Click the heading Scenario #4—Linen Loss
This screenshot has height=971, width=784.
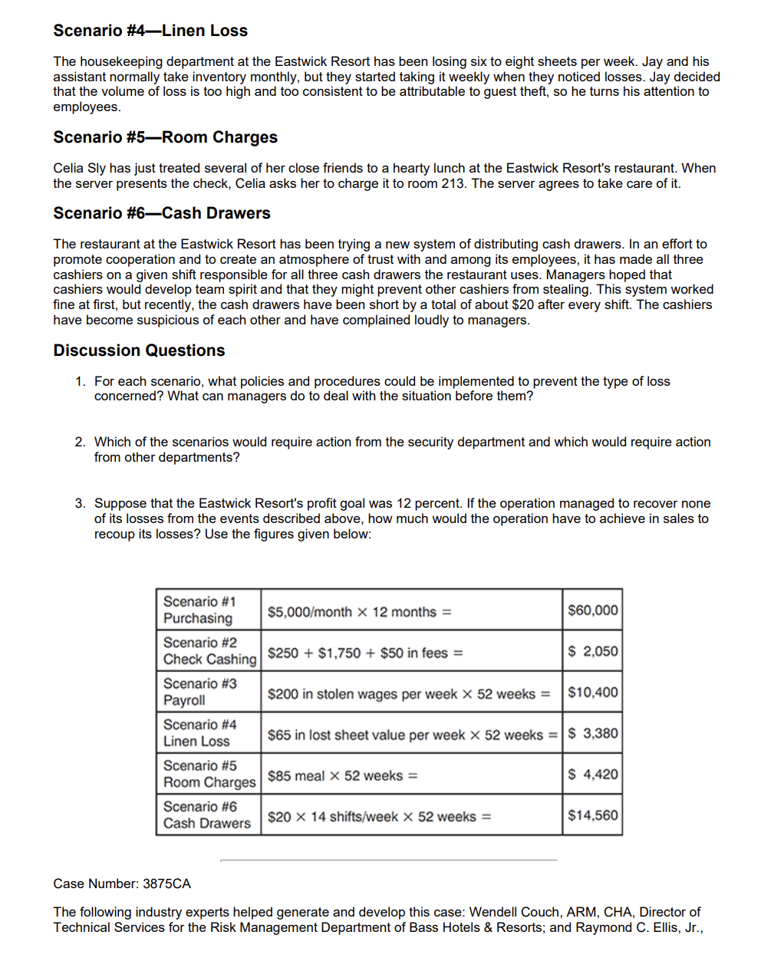(150, 31)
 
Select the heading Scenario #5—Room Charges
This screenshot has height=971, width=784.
(165, 137)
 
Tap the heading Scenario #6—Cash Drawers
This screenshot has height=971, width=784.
(162, 213)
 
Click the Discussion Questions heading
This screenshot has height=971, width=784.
(139, 351)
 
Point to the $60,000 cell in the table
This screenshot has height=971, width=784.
(592, 611)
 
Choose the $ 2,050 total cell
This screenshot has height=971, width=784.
(592, 651)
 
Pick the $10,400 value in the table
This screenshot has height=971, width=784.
(592, 693)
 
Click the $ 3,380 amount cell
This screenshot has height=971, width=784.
(592, 733)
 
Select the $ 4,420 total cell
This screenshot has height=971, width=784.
(592, 775)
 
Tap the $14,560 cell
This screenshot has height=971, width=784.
(592, 815)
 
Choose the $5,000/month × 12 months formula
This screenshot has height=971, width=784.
(359, 612)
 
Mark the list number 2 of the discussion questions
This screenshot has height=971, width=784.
(80, 443)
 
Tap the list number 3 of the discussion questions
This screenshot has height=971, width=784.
(80, 504)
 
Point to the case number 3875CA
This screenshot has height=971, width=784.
(166, 884)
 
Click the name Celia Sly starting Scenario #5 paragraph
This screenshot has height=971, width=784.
(80, 168)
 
